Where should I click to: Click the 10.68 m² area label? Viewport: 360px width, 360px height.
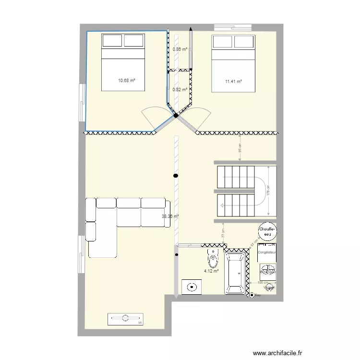[x=126, y=81]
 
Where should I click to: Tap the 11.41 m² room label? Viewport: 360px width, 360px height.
[x=233, y=82]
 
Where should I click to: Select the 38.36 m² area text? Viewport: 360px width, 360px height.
[x=170, y=216]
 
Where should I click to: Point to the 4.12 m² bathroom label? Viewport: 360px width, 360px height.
[x=211, y=271]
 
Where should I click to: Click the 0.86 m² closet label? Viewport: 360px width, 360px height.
[x=180, y=49]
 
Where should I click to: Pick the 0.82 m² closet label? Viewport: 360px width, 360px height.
[x=180, y=89]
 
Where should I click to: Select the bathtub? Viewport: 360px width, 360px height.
[x=235, y=274]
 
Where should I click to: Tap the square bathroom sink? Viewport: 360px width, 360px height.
[x=192, y=287]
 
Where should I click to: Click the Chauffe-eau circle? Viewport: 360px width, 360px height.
[x=267, y=232]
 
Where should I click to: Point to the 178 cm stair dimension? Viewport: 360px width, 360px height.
[x=268, y=191]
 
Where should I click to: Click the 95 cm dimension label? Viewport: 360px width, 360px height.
[x=240, y=148]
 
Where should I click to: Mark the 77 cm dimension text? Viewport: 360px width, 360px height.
[x=223, y=234]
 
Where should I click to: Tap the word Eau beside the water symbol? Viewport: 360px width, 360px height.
[x=258, y=296]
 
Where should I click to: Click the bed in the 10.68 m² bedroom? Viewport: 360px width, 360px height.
[x=122, y=62]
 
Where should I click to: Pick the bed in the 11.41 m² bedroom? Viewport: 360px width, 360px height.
[x=233, y=63]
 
